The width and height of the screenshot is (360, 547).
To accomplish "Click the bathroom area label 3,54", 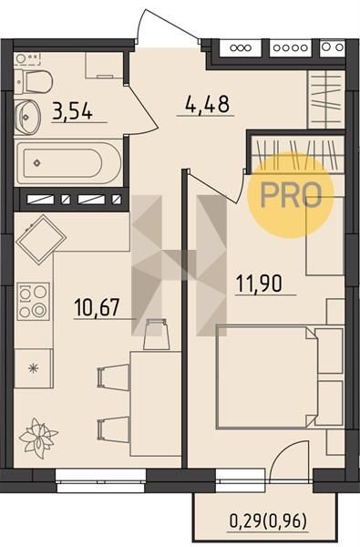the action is (73, 111).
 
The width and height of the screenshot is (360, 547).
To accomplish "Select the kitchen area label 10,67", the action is (97, 307).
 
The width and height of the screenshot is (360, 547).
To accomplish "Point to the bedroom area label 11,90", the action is (259, 283).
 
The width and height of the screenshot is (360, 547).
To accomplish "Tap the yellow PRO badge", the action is (291, 195).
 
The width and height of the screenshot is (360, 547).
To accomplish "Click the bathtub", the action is (68, 163).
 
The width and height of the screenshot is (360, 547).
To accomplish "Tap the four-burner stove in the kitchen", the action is (33, 302).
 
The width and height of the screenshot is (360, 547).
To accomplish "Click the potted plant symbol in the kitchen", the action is (37, 438).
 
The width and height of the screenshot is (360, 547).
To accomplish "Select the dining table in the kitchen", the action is (156, 404).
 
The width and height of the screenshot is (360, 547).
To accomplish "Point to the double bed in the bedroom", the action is (267, 377).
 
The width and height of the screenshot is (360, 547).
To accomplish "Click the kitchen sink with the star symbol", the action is (33, 368).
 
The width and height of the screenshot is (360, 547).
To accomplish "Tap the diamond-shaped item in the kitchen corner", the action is (41, 239).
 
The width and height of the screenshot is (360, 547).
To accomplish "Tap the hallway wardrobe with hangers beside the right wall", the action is (326, 99).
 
